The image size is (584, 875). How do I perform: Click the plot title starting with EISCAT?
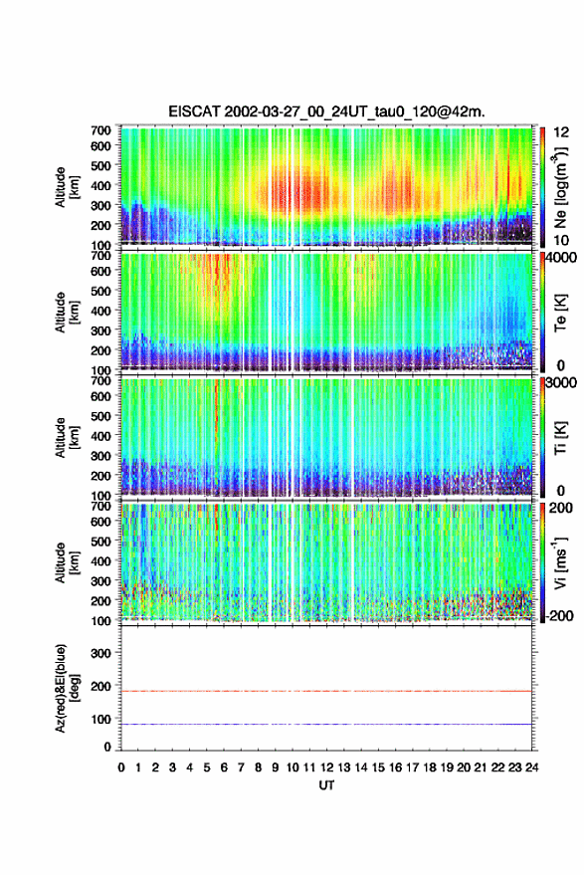326,111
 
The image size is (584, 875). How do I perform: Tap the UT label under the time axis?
326,785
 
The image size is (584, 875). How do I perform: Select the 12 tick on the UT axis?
326,767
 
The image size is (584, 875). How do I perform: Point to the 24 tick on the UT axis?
531,767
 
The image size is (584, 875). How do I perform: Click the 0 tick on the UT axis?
121,767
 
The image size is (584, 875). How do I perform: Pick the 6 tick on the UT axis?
224,767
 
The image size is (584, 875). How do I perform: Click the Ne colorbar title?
560,190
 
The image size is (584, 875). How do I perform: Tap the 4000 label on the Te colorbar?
562,260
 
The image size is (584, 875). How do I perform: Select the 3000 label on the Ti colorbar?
562,383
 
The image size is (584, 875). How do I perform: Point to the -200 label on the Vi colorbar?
559,616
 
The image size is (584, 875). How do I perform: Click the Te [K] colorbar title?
560,313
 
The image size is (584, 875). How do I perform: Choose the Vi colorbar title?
560,562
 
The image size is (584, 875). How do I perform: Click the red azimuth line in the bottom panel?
326,692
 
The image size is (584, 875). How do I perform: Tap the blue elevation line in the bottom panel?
326,725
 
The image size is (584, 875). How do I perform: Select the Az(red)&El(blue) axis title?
66,689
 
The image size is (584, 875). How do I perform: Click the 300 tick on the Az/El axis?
100,653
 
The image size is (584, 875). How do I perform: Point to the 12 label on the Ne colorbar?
561,132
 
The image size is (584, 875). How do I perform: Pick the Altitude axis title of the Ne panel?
66,187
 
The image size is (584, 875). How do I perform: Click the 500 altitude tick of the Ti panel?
100,416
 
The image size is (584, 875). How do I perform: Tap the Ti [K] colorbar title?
560,438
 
